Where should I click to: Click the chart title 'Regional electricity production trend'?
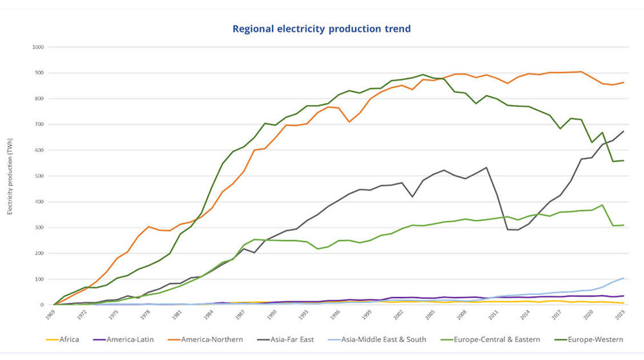(321, 29)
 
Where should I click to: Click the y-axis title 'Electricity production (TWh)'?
(10, 176)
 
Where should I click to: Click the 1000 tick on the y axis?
(37, 47)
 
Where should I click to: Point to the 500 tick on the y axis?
(39, 176)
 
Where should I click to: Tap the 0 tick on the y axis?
(41, 305)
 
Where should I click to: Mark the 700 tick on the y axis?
(39, 124)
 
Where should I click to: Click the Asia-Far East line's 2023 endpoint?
(623, 131)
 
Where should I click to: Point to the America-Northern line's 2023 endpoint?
(623, 82)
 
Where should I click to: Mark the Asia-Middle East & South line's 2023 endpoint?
(623, 278)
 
